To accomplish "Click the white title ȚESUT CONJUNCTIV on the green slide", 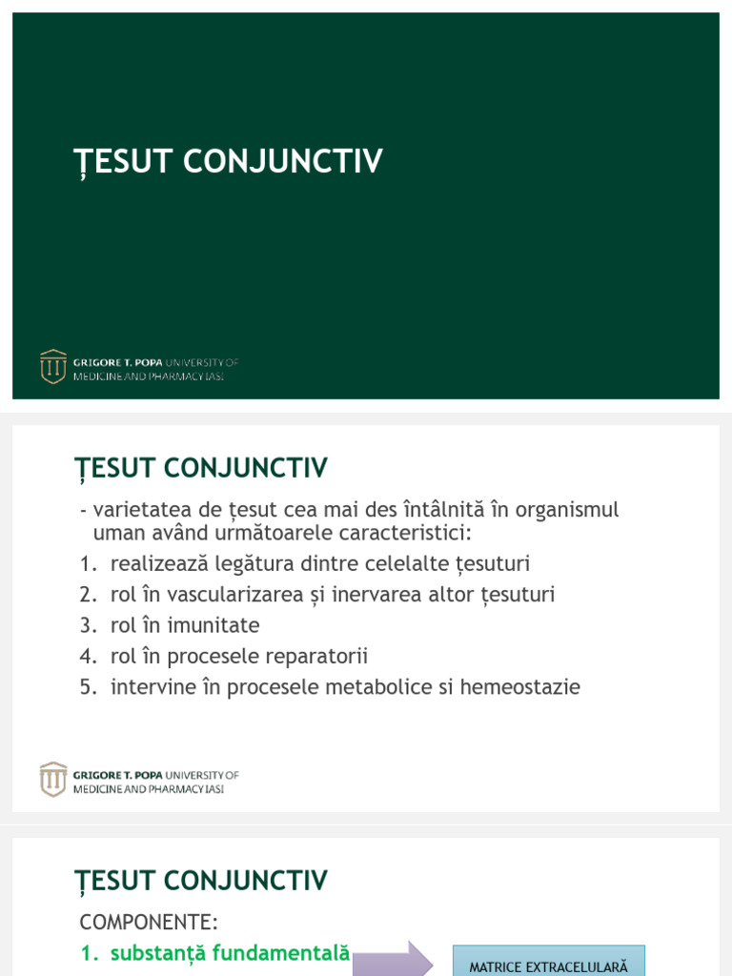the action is click(x=228, y=162).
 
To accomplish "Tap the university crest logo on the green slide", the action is click(x=53, y=367).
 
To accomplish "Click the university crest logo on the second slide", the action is click(x=53, y=780).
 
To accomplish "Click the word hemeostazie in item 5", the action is click(x=519, y=686).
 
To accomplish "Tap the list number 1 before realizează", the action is click(x=88, y=564).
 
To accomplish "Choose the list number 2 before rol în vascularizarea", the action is click(x=88, y=595).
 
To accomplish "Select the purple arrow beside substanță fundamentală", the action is click(x=393, y=960).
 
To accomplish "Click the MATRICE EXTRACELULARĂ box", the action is click(x=548, y=961).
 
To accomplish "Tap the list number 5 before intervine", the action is click(x=88, y=687).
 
